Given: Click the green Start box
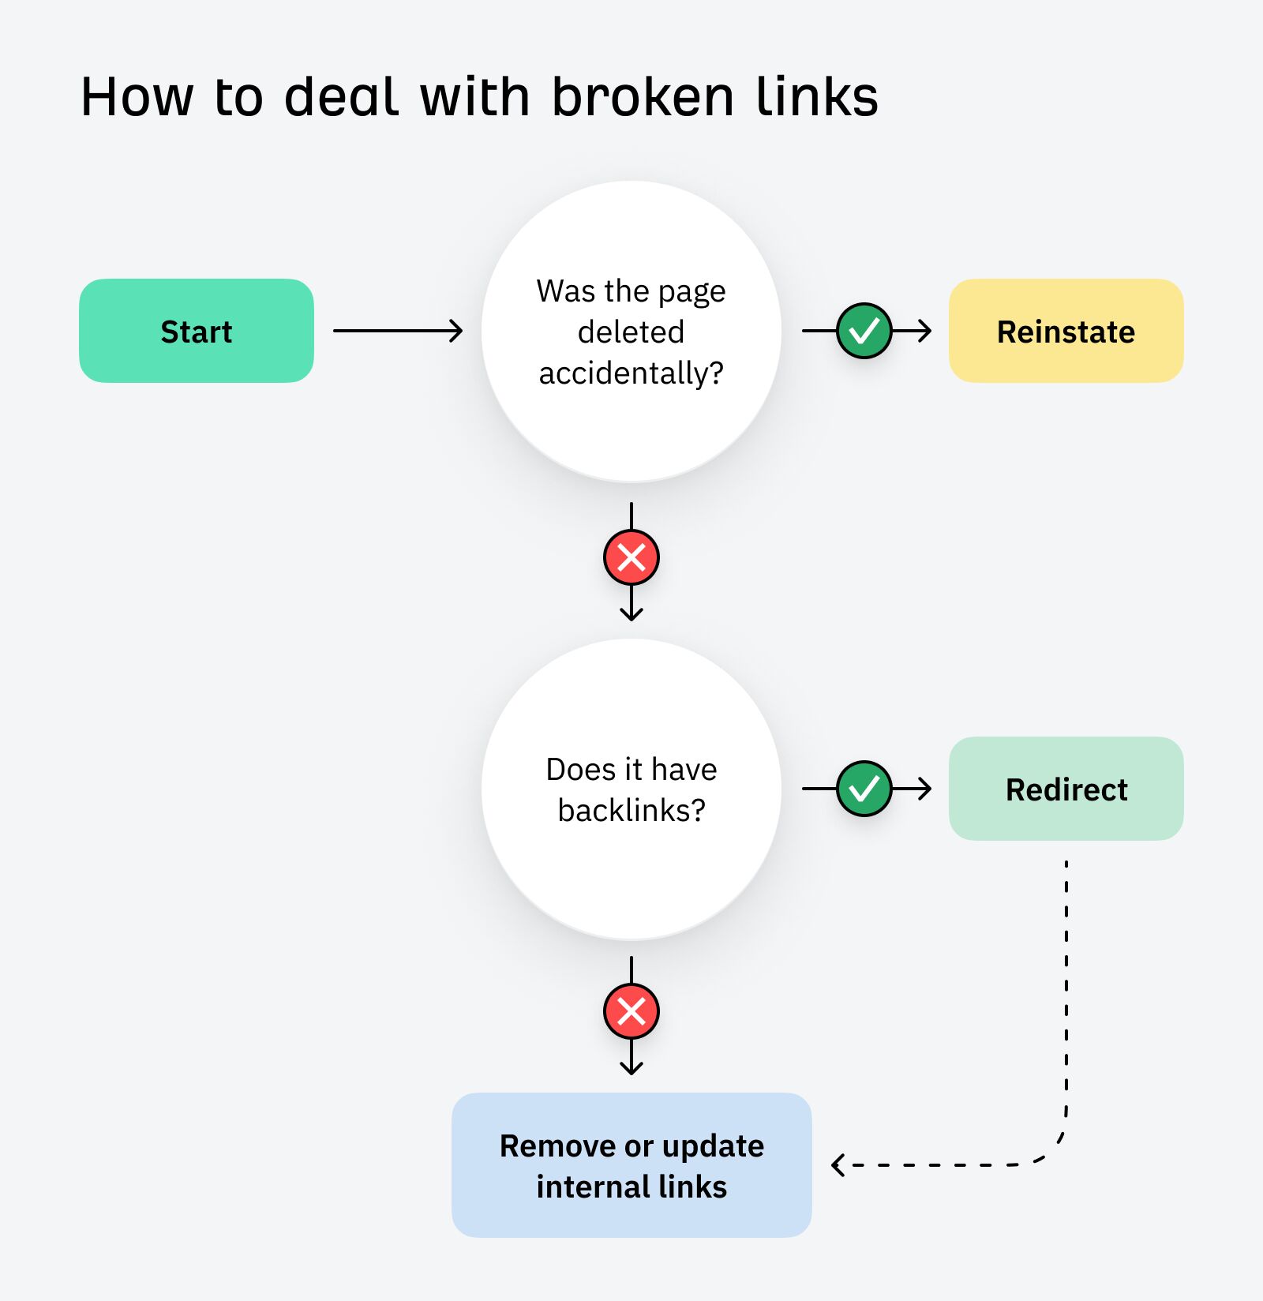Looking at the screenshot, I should pos(196,331).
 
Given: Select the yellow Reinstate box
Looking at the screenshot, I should pos(1066,331).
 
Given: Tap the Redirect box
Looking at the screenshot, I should pos(1066,789).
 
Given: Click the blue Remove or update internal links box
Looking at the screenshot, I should pos(631,1164).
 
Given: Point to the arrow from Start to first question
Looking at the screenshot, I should pos(397,331).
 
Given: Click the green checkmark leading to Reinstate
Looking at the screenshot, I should pos(864,331).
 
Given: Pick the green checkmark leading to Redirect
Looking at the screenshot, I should pos(864,789).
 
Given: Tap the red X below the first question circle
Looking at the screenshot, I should pos(631,557).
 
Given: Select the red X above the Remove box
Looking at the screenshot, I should pos(631,1011).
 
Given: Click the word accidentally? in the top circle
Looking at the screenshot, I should pos(631,373).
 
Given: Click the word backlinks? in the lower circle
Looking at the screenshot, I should pos(631,811).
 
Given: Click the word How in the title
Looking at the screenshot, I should pos(137,98).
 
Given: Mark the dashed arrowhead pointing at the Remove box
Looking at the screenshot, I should pos(838,1164).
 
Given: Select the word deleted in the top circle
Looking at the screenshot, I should pos(631,332).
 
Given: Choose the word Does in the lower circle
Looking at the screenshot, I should pos(580,770).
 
